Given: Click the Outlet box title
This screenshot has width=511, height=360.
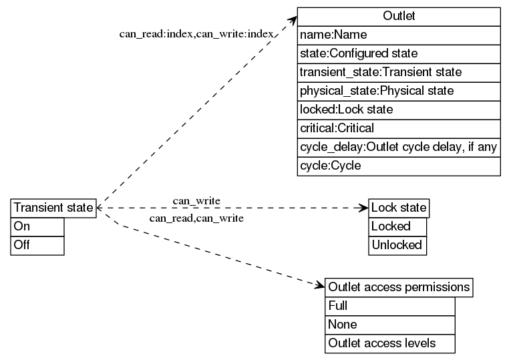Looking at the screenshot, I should coord(399,16).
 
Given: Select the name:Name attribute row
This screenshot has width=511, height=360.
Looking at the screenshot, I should coord(399,35).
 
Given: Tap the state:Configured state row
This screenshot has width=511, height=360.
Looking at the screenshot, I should coord(399,53).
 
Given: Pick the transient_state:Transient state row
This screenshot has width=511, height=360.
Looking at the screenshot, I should coord(399,72).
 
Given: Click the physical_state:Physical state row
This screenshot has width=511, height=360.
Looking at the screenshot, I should coord(399,91).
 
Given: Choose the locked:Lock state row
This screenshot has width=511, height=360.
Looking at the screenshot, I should coord(399,110).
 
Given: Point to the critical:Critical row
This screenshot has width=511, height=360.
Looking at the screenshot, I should coord(399,128).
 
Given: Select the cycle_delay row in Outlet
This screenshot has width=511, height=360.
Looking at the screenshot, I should coord(399,147).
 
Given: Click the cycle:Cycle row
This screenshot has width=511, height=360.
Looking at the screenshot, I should coord(399,166).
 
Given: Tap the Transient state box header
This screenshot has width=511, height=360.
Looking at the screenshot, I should coord(53,208).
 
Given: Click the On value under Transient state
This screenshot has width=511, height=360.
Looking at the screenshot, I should coord(37,226).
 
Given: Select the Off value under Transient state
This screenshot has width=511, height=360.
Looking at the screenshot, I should coord(37,245).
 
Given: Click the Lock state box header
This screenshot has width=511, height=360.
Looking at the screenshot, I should coord(399,208).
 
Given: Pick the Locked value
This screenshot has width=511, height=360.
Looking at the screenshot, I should coord(397,226).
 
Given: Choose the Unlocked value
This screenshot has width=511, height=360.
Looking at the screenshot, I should coord(397,245).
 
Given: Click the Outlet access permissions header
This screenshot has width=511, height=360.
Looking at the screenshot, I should coord(399,288).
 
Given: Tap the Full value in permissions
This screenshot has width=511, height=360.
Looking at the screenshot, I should coord(391,306).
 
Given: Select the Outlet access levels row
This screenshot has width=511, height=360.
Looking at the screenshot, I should coord(391,343).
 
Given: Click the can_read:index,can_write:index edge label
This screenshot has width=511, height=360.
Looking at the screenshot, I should coord(196,34).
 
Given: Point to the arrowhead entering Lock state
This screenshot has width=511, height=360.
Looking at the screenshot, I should coord(364,208).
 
